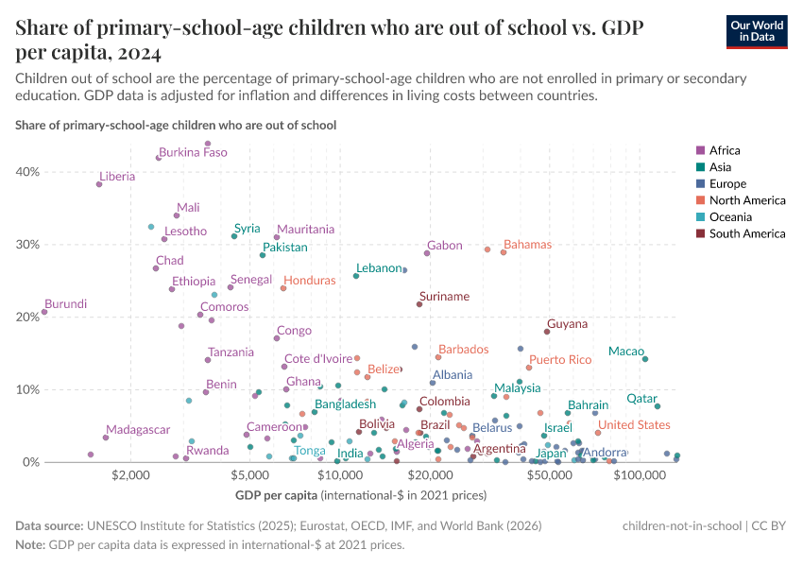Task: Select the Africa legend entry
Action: tap(724, 150)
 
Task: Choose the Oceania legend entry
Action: tap(729, 217)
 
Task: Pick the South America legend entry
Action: tap(746, 233)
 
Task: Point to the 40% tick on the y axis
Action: tap(27, 172)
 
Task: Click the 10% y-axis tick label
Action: tap(27, 389)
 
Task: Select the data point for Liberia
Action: tap(99, 184)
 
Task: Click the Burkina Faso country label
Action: tap(193, 152)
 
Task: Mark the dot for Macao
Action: tap(645, 359)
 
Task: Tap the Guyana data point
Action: tap(547, 332)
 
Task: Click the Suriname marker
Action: tap(419, 304)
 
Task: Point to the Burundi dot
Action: tap(44, 313)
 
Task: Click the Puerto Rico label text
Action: tap(559, 360)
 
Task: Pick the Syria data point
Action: tap(234, 236)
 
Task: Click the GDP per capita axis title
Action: tap(274, 495)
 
